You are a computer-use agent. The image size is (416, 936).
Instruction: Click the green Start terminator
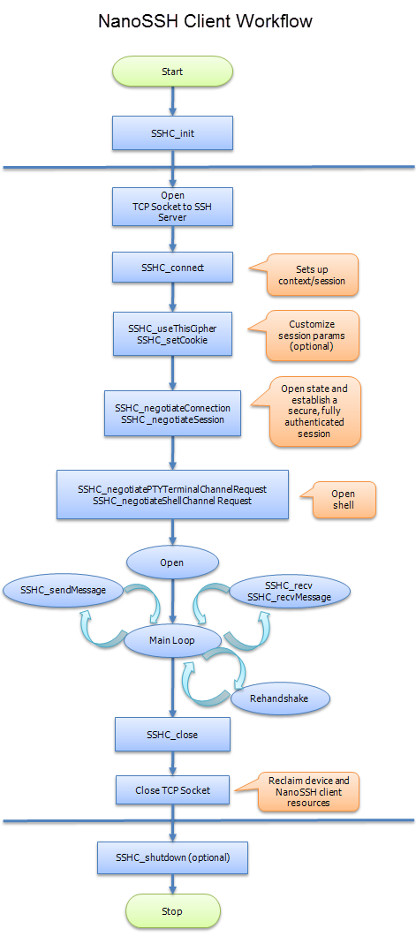[172, 72]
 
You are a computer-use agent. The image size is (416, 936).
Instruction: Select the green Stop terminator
[172, 910]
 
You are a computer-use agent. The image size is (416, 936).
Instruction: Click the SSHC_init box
[172, 133]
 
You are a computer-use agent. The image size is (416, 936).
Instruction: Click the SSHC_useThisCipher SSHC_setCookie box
[172, 334]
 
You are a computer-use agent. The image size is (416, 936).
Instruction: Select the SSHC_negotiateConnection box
[172, 413]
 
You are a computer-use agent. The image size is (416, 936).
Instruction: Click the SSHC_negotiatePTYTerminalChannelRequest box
[172, 494]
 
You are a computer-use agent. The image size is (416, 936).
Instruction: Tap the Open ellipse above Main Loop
[172, 562]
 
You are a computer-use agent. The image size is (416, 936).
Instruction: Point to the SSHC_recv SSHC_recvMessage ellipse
[284, 592]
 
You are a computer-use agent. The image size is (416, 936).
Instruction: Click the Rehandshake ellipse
[280, 698]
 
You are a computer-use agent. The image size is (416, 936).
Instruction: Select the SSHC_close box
[172, 734]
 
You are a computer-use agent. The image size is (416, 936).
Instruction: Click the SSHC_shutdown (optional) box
[172, 857]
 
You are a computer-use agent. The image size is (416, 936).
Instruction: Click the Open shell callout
[342, 500]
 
